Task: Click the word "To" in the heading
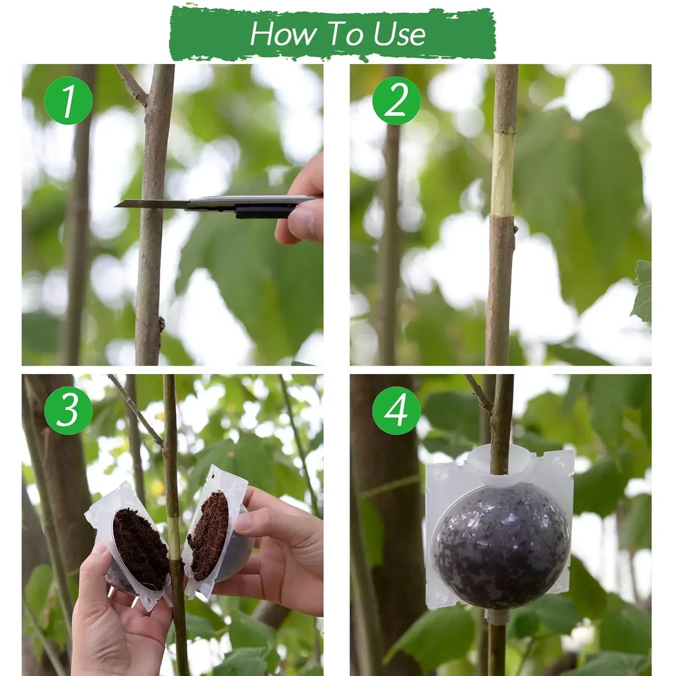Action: [x=336, y=34]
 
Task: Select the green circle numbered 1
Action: [x=68, y=100]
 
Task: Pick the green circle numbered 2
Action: [x=396, y=100]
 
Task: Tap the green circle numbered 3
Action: [x=68, y=410]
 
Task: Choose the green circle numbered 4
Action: [x=396, y=410]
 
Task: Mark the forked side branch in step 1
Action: [x=131, y=86]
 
